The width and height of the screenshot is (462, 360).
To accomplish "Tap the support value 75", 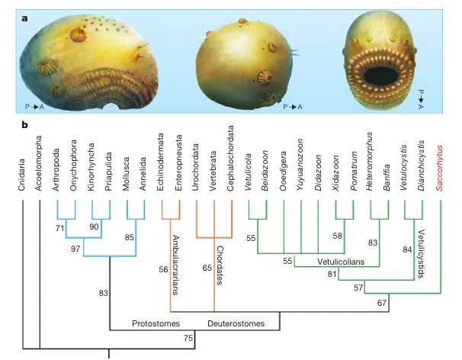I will pos(187,337).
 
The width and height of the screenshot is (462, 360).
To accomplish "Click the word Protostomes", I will pos(156,323).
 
